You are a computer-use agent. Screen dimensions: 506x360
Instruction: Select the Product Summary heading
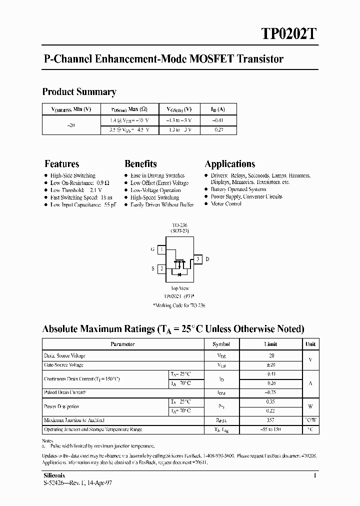point(79,92)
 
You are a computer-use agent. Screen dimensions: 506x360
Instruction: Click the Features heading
point(61,164)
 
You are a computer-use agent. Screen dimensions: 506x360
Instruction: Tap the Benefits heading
point(140,164)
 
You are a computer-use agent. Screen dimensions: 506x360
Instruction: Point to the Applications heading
point(230,164)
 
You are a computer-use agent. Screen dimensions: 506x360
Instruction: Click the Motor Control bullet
point(226,204)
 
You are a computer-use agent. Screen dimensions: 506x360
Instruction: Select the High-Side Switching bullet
point(72,176)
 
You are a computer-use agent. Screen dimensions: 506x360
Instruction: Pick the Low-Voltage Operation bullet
point(155,190)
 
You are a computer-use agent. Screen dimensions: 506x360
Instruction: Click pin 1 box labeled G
point(161,249)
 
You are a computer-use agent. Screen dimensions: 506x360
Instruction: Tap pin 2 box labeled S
point(161,269)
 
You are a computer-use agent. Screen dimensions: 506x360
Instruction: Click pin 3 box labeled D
point(198,259)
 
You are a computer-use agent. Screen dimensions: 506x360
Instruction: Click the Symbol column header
point(221,344)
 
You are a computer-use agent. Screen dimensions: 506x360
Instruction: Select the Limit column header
point(270,344)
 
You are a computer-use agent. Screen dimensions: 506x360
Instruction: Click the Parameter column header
point(122,344)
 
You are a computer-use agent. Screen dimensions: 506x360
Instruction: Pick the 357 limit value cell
point(270,420)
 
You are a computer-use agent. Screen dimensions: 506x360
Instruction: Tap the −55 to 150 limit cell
point(270,429)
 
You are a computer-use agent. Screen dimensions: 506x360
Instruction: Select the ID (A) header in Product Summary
point(218,109)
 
